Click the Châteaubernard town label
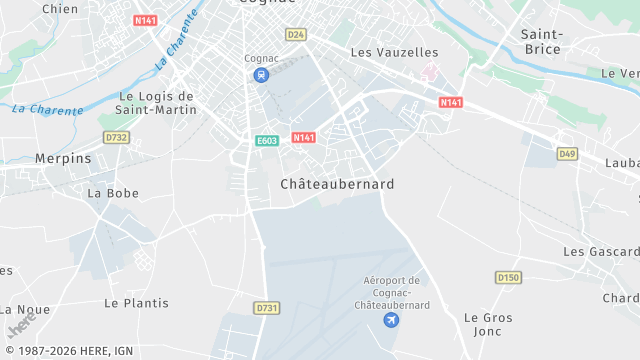337,184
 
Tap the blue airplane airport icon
391,319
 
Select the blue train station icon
261,75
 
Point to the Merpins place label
63,158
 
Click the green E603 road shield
266,141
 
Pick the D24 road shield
295,34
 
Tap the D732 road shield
116,137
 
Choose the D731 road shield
266,308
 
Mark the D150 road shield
509,277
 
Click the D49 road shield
567,153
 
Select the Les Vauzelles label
394,51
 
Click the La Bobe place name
113,192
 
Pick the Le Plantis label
137,302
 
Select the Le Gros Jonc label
488,324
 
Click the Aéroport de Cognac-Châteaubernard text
392,292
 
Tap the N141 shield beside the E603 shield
304,137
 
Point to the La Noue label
26,310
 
